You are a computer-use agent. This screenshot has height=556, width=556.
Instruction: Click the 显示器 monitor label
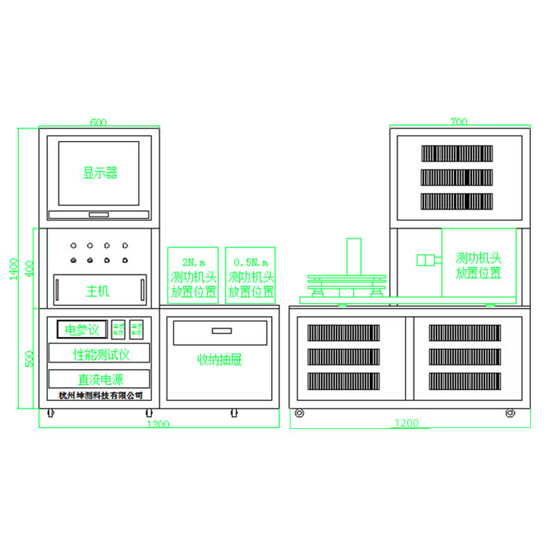point(100,173)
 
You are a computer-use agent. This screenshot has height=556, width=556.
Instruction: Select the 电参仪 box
point(82,328)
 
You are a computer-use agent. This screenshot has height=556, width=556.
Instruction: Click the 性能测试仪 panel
point(99,354)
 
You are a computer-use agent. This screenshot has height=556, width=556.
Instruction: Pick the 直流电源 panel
point(99,379)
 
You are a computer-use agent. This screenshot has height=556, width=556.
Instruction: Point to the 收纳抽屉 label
point(220,360)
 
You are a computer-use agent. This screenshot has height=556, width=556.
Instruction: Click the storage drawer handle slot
point(221,330)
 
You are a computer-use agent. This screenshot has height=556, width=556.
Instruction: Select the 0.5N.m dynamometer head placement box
point(251,276)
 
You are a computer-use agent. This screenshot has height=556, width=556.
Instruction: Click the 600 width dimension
point(98,122)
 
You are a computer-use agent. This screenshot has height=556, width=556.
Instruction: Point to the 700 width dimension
point(459,122)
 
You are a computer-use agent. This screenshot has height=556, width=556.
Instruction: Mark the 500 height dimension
point(28,359)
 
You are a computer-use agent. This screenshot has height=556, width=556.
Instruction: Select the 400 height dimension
point(28,268)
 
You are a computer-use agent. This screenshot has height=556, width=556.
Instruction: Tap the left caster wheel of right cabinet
point(300,414)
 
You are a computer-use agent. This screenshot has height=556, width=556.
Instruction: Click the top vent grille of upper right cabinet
point(457,154)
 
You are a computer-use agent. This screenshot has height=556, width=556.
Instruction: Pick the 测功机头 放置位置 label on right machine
point(479,265)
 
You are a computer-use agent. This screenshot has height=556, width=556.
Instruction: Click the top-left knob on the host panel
point(73,245)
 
